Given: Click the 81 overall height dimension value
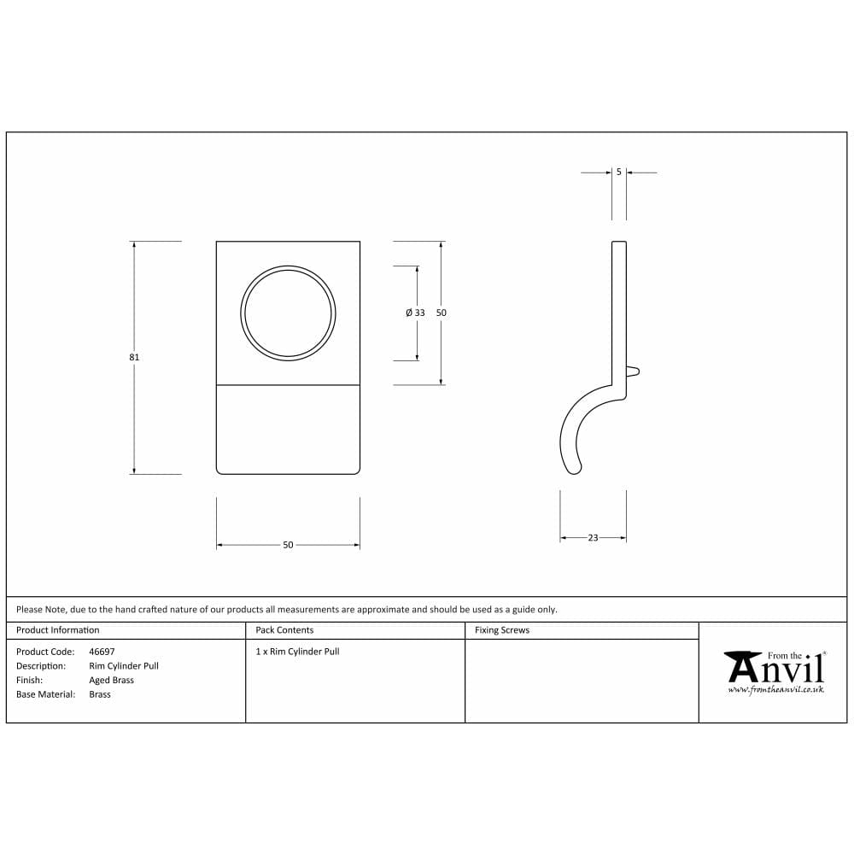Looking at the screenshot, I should [x=134, y=357].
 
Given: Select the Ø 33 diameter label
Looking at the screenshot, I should [x=415, y=313].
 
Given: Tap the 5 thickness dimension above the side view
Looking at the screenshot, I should [x=618, y=172].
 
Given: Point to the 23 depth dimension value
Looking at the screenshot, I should [x=593, y=538].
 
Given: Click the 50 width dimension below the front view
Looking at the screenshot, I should [x=288, y=545].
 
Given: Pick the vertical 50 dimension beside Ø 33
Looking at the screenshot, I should [x=442, y=313].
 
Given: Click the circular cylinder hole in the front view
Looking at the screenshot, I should [x=288, y=313].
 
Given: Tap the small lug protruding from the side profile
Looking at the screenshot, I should [x=633, y=371].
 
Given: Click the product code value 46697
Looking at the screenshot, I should [x=102, y=652].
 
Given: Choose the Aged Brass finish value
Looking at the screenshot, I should [x=111, y=681].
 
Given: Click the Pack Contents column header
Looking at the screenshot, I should [x=284, y=630].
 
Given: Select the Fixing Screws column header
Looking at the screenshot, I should [x=502, y=630].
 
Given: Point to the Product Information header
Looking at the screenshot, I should [x=57, y=630].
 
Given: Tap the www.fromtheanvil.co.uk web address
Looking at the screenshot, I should [x=775, y=690].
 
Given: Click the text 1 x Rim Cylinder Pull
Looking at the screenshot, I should [x=297, y=652].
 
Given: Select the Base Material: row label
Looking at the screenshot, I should [x=45, y=694].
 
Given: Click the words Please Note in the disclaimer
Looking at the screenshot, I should [x=41, y=610].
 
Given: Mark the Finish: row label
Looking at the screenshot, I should [x=29, y=681].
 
